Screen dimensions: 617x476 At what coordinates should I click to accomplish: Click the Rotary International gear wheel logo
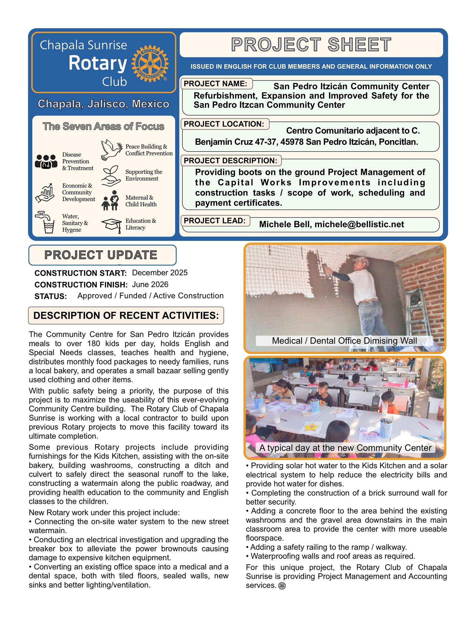click(x=150, y=63)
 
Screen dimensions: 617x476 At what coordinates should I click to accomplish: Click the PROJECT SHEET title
click(x=311, y=45)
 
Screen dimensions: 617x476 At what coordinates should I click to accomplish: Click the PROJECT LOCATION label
click(x=224, y=124)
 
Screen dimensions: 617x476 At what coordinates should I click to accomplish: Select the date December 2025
click(x=160, y=273)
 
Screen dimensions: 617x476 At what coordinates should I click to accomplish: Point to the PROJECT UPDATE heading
click(x=101, y=255)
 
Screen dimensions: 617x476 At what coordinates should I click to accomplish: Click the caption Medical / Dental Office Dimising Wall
click(x=344, y=341)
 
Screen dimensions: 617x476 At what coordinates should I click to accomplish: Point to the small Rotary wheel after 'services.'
click(x=282, y=586)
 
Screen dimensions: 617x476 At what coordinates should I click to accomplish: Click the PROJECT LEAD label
click(x=215, y=221)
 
